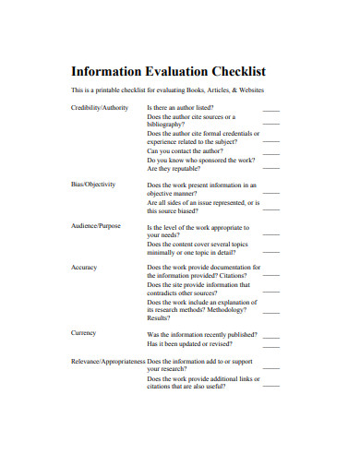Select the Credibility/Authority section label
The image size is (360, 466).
(100, 108)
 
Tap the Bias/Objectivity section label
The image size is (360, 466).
(93, 185)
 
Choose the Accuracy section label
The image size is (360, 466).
(84, 267)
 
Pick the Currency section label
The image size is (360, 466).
(84, 332)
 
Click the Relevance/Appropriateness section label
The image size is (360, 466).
(107, 361)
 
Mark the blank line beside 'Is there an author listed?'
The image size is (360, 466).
(271, 110)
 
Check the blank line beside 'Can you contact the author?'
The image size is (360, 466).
(271, 151)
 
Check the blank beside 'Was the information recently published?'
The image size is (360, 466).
(271, 334)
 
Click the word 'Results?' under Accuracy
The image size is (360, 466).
(160, 317)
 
